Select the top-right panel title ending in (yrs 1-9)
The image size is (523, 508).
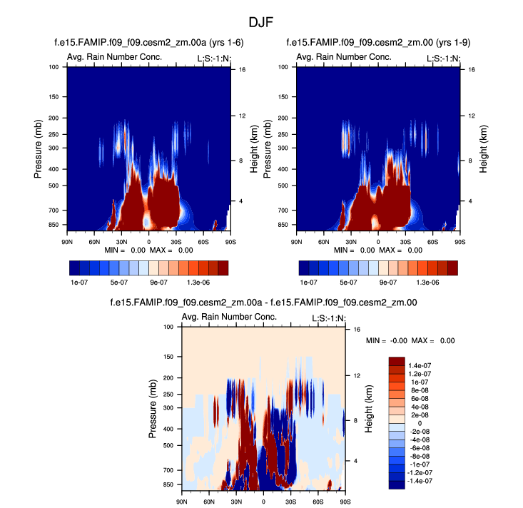[x=376, y=42]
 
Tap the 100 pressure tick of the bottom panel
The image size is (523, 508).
[x=169, y=327]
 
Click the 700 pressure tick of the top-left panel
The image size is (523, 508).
[x=54, y=210]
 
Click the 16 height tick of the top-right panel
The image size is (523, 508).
[x=472, y=70]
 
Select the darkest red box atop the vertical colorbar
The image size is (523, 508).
[x=397, y=362]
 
